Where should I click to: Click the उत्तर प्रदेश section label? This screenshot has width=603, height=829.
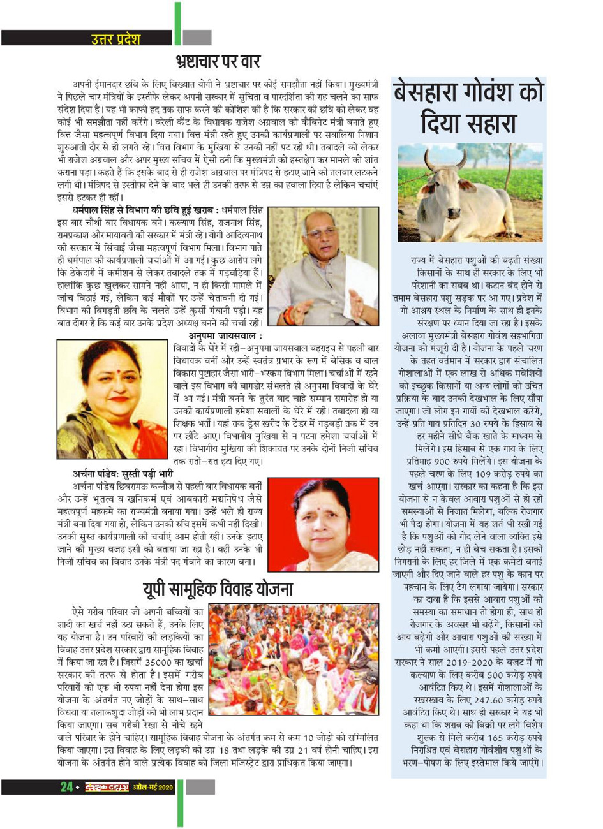115,39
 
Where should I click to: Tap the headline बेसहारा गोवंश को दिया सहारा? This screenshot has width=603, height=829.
468,106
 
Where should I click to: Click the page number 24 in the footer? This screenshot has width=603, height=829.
66,788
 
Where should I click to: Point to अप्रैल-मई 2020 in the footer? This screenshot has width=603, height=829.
153,788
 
